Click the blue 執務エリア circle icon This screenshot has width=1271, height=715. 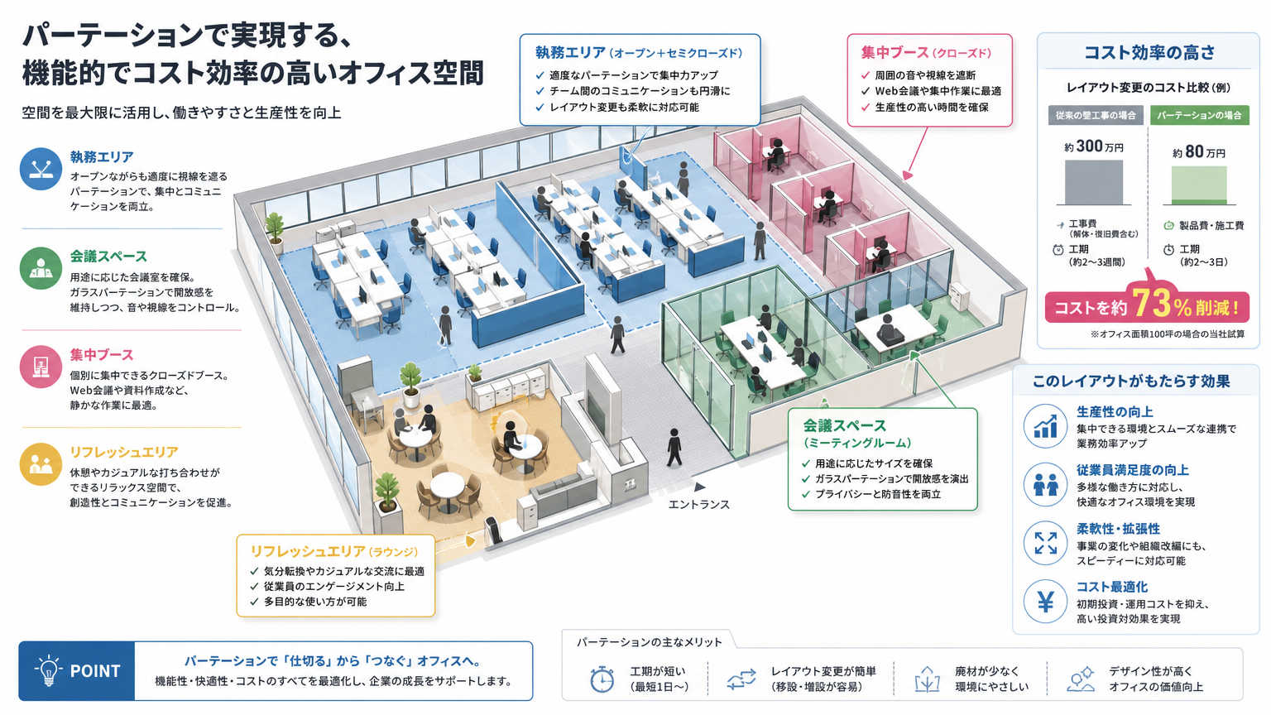(x=41, y=169)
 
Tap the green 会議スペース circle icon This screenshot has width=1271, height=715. (x=41, y=268)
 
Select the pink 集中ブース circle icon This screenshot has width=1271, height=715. (x=41, y=367)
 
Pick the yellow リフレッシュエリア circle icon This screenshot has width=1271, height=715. (x=41, y=464)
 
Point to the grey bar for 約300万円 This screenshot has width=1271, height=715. (x=1093, y=182)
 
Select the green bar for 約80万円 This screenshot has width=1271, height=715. (x=1199, y=185)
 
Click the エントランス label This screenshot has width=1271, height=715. (x=698, y=505)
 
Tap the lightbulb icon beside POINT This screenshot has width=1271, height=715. (x=48, y=670)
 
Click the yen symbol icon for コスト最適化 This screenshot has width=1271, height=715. (x=1045, y=602)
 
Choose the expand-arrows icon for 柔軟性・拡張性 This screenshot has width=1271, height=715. (x=1045, y=543)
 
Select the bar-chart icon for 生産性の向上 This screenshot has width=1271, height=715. (x=1045, y=426)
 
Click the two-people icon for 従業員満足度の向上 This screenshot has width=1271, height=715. (x=1045, y=485)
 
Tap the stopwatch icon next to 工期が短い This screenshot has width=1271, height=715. (x=602, y=679)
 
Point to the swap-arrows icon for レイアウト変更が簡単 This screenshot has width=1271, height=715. (x=741, y=679)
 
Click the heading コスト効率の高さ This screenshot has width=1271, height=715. (x=1149, y=52)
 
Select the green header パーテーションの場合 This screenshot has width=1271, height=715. (x=1199, y=115)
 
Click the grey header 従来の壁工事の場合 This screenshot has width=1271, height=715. (x=1095, y=115)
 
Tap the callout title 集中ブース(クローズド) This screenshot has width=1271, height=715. (x=926, y=53)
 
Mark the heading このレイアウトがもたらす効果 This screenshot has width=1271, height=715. (x=1131, y=381)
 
